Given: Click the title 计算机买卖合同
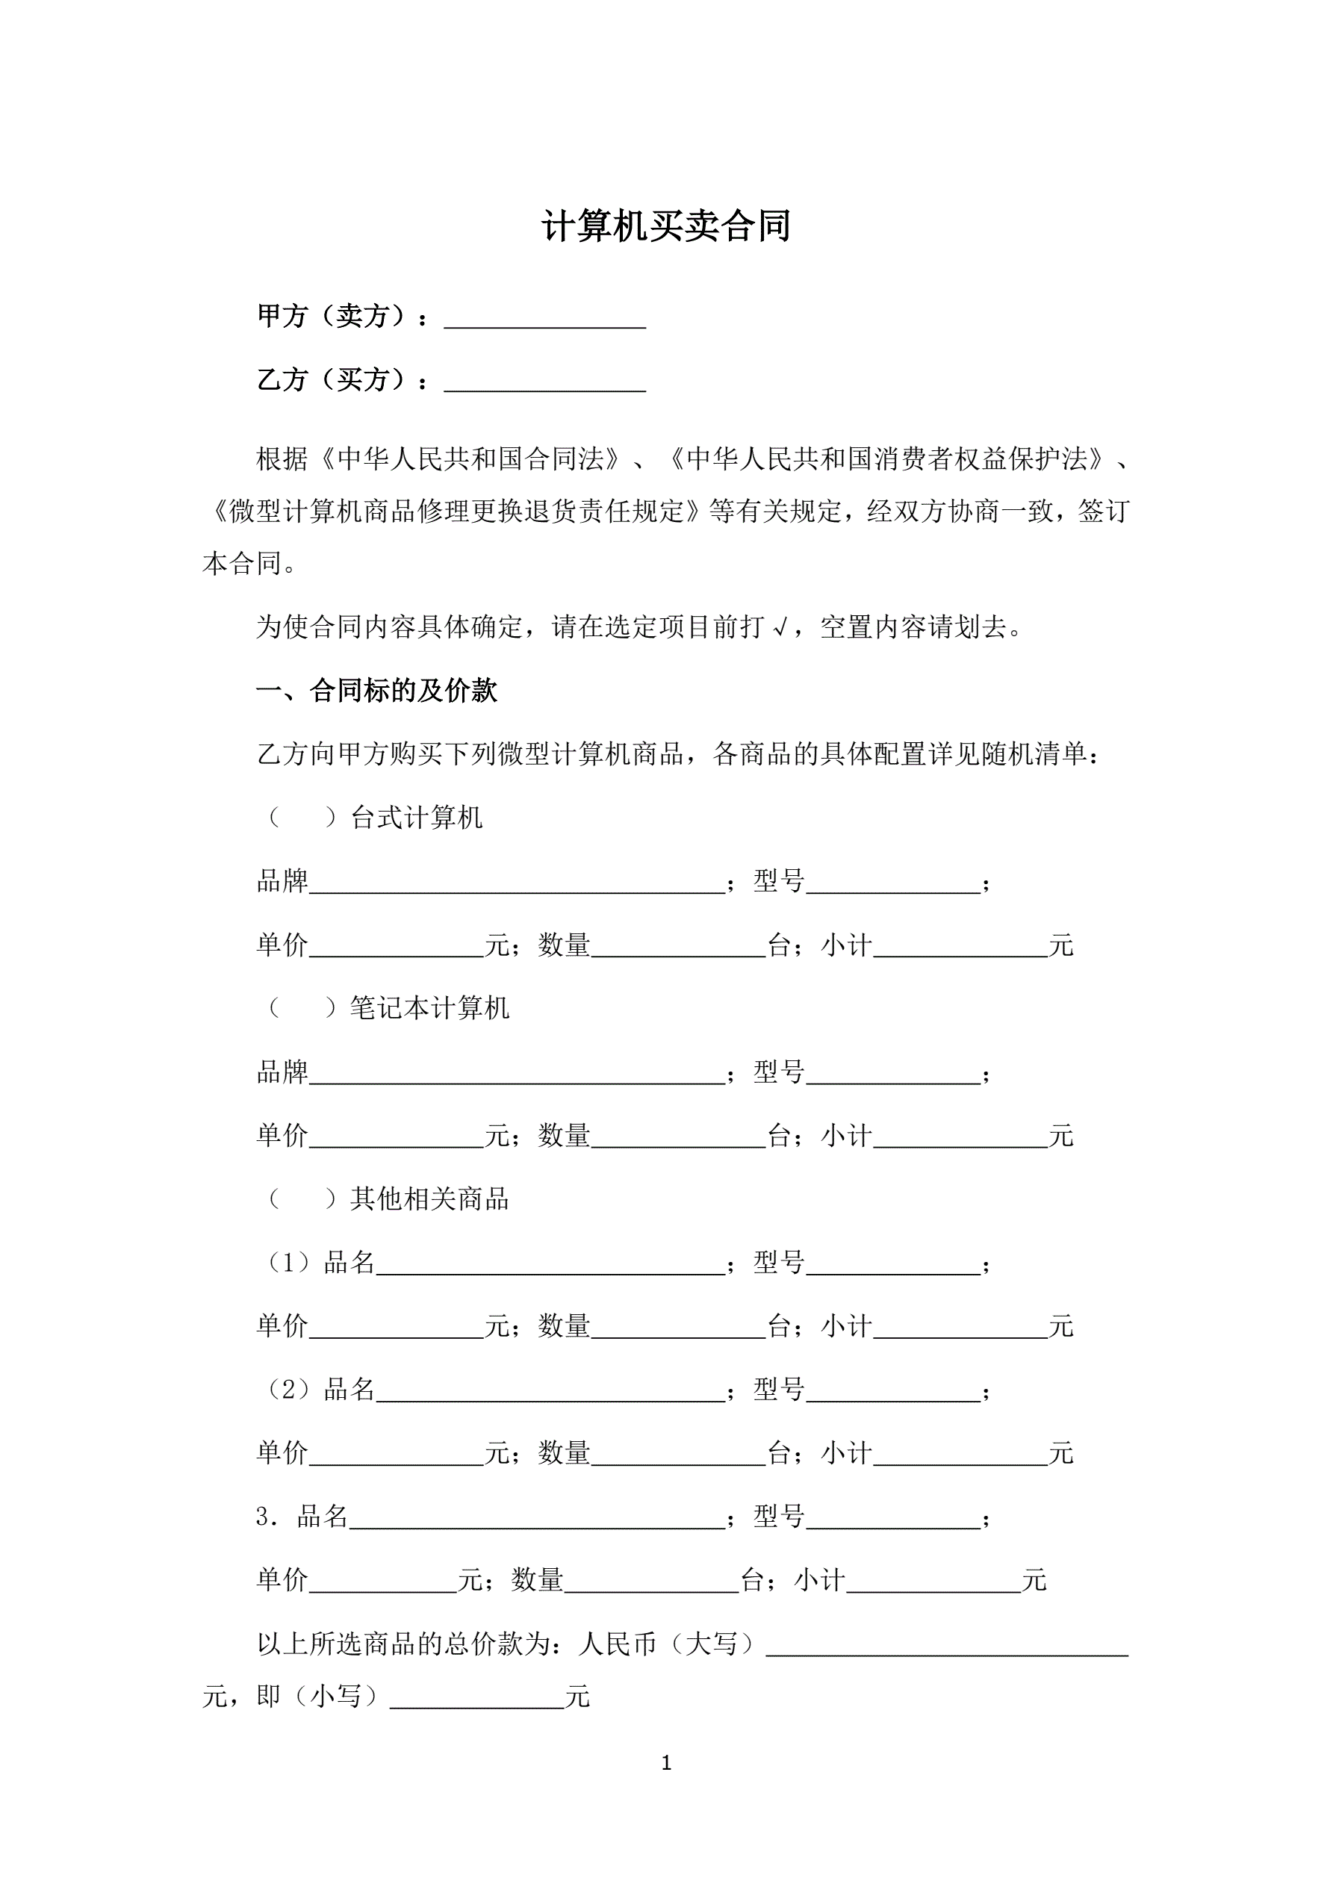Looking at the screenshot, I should [x=665, y=226].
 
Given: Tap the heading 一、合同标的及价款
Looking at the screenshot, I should [x=377, y=691].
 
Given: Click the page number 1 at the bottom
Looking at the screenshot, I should [x=666, y=1762].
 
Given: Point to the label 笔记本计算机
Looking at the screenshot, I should [x=429, y=1009].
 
